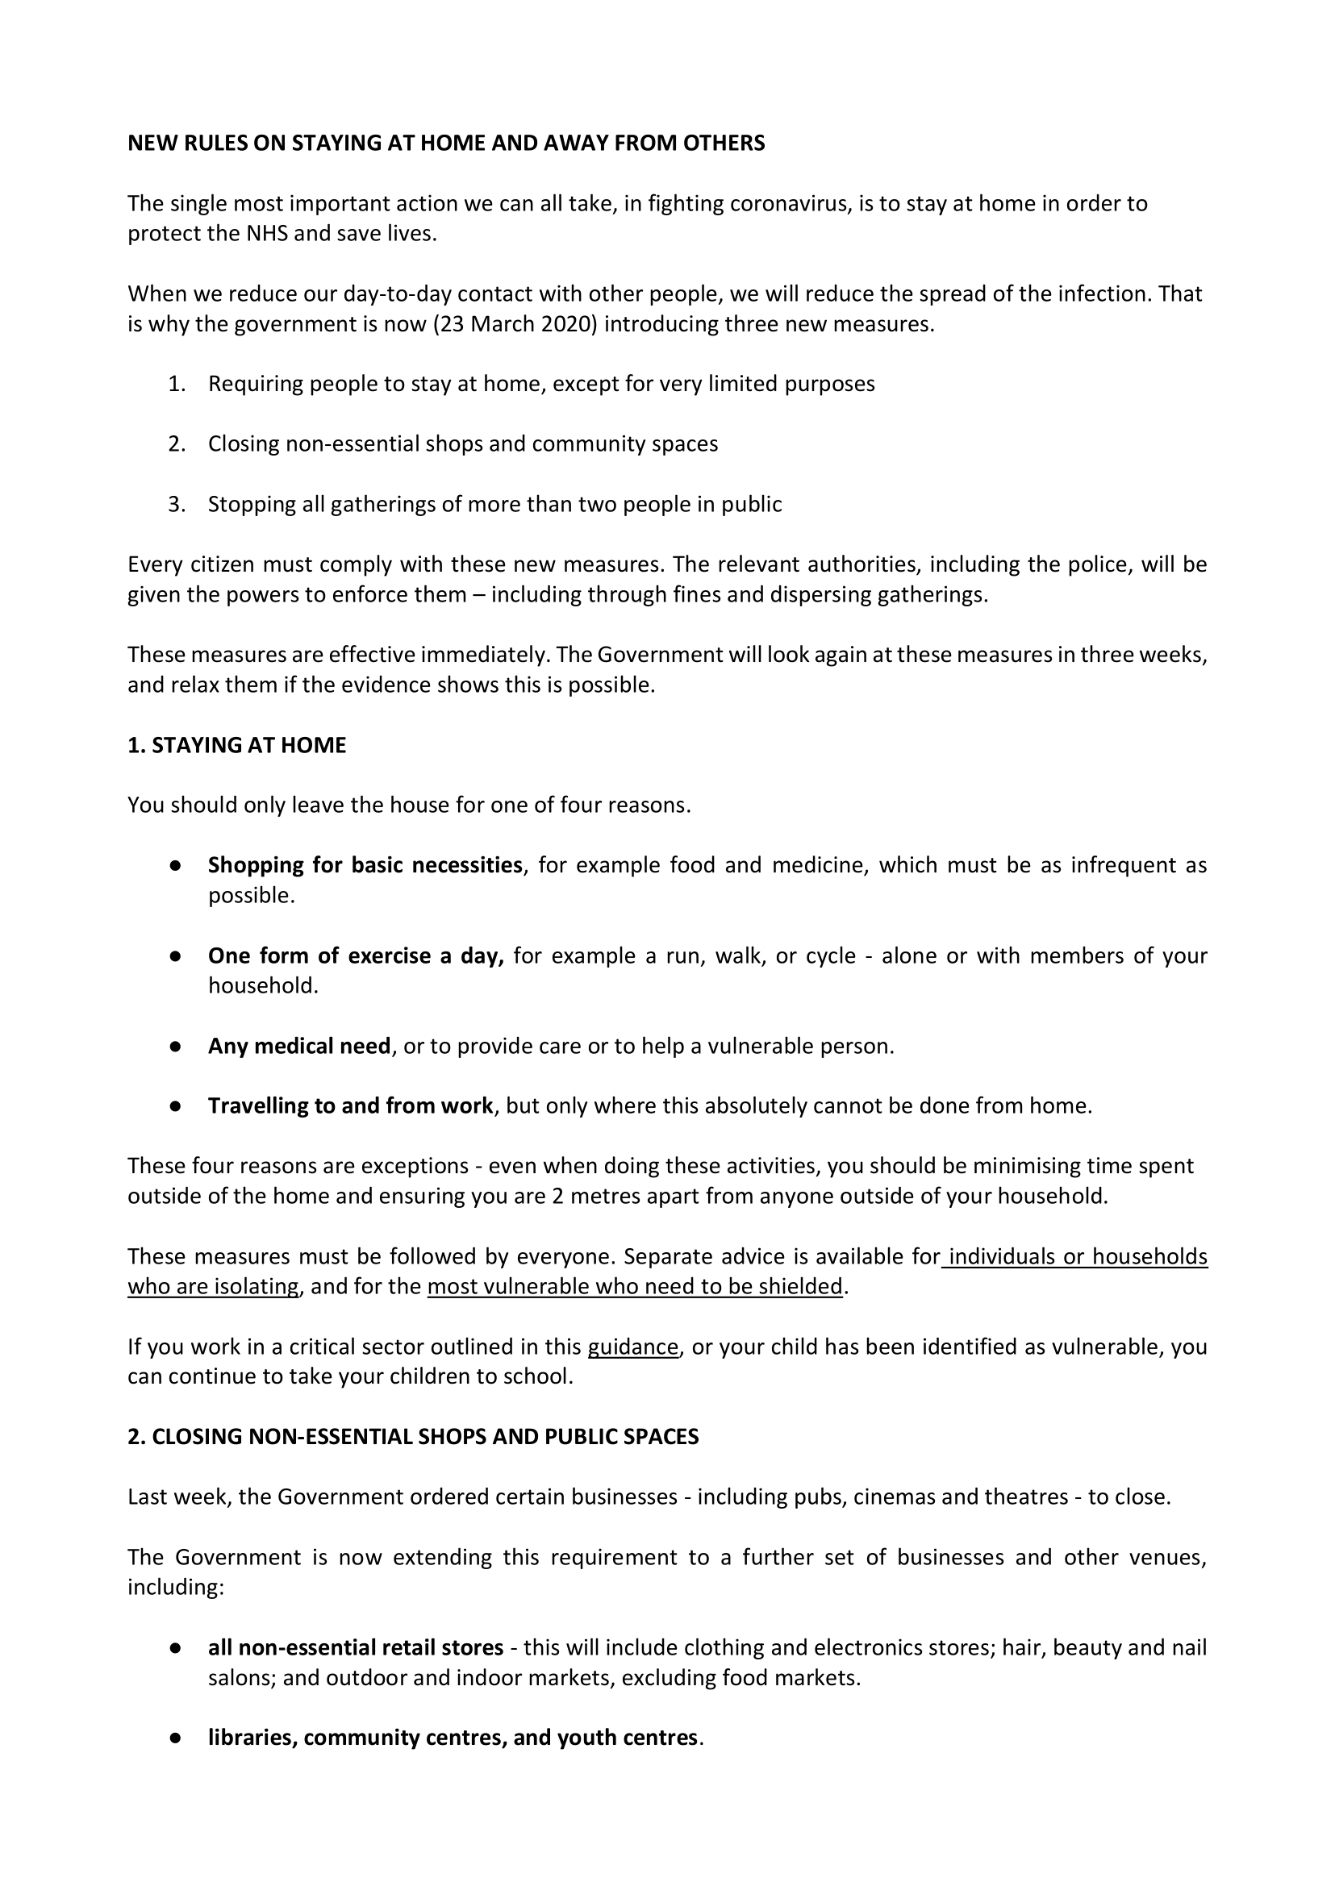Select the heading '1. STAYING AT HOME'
(236, 745)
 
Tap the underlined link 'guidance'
(633, 1347)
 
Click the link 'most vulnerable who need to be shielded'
(635, 1286)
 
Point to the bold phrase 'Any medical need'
(299, 1046)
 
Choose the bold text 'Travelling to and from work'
(350, 1106)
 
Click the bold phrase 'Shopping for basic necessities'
(365, 865)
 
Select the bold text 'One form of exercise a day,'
(355, 955)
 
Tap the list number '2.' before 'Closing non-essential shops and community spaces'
(177, 443)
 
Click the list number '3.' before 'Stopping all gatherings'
(177, 504)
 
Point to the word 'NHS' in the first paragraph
(267, 233)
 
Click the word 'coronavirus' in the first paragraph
(788, 203)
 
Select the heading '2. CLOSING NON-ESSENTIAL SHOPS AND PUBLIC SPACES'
(413, 1437)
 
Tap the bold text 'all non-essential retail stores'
(355, 1647)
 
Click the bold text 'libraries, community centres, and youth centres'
(452, 1738)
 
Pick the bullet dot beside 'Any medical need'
(175, 1047)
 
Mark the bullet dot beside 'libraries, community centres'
(175, 1739)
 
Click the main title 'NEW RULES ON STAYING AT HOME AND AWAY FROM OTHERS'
(445, 143)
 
